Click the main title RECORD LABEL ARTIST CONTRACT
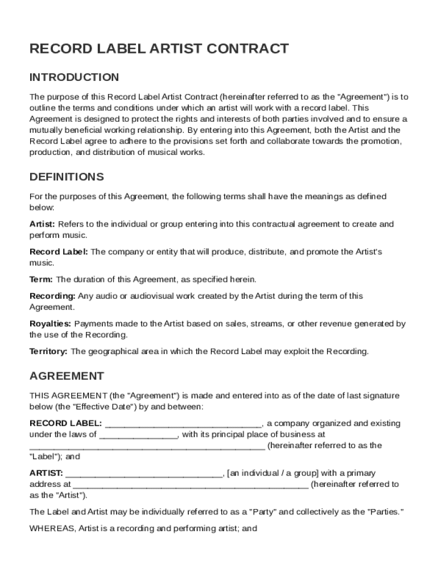tap(159, 49)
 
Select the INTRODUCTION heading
tap(74, 77)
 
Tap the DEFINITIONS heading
tap(67, 176)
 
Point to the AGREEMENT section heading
tap(67, 376)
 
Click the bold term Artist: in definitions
tap(42, 224)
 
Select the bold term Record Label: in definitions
tap(59, 252)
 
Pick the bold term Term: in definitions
tap(41, 280)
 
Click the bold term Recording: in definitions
tap(52, 296)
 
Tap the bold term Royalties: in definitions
tap(51, 324)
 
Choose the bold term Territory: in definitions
tap(49, 351)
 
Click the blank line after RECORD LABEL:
tap(183, 424)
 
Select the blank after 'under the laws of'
tap(139, 435)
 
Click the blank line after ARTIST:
tap(144, 474)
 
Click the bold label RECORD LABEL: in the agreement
tap(66, 424)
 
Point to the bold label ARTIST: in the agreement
tap(47, 473)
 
